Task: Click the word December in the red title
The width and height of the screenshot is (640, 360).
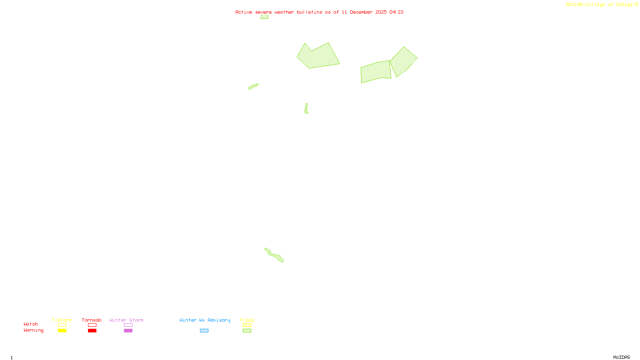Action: (x=361, y=12)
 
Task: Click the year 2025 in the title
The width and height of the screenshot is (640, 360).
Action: (x=381, y=12)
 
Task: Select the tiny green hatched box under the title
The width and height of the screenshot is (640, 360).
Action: (x=264, y=17)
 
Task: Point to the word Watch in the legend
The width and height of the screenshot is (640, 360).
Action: (x=31, y=324)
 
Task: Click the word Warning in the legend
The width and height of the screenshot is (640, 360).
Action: (x=33, y=330)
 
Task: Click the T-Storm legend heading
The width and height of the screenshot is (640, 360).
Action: (x=62, y=320)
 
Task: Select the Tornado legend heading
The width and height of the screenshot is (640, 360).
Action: (x=92, y=320)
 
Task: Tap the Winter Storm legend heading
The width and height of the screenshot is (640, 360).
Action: (x=126, y=320)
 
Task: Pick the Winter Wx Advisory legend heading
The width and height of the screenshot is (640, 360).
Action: (x=205, y=320)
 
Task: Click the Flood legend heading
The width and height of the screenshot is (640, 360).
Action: (x=247, y=320)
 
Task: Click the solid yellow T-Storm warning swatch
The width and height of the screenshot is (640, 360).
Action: (x=62, y=331)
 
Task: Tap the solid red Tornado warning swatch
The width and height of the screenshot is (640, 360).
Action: (x=92, y=331)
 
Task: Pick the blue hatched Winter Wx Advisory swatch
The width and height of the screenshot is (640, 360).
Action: (x=204, y=331)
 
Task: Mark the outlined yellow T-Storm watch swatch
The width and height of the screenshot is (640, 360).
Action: (x=62, y=325)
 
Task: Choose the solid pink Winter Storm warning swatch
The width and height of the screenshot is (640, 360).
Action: (x=128, y=331)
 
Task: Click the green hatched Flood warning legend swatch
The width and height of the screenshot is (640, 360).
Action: (x=247, y=331)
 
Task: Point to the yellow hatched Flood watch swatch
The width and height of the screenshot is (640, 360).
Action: (x=247, y=325)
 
